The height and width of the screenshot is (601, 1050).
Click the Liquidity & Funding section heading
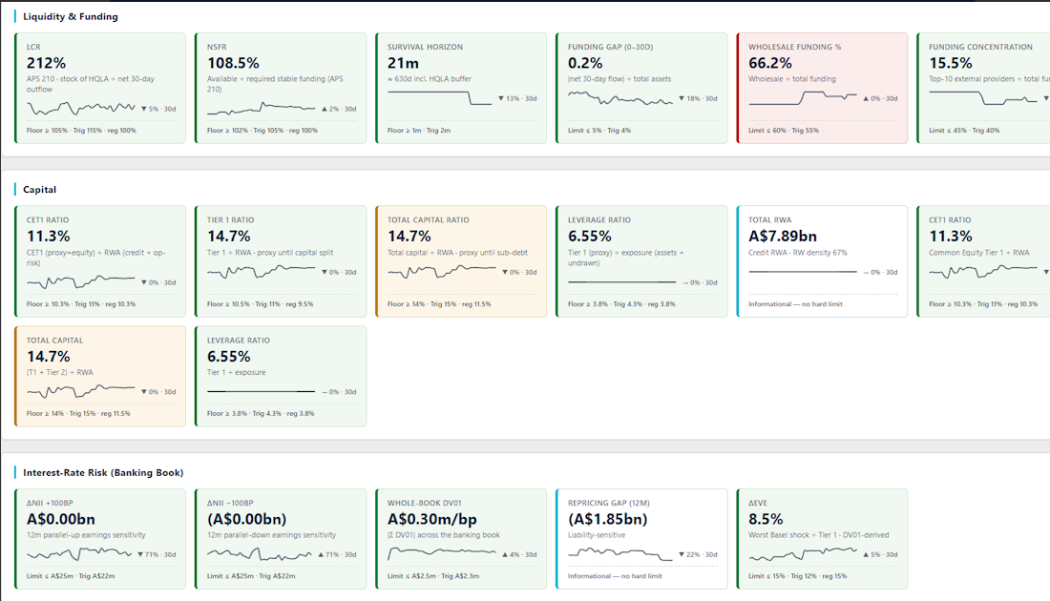tap(71, 17)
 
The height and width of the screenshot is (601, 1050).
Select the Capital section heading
tap(39, 190)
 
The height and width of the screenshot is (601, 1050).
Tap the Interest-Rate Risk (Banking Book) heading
tap(103, 472)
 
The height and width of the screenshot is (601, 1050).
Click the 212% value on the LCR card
tap(46, 63)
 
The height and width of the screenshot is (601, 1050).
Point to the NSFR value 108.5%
tap(233, 63)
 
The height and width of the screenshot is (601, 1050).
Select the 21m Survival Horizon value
tap(403, 63)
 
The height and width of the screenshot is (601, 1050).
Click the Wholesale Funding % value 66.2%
tap(770, 63)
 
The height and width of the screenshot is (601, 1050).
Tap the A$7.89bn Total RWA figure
tap(783, 237)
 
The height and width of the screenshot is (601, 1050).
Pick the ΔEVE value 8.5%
tap(766, 519)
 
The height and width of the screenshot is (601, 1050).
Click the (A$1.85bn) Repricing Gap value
tap(607, 519)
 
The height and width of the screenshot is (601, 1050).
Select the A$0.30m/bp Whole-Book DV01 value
tap(431, 519)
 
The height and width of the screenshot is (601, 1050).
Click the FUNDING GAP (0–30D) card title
tap(610, 47)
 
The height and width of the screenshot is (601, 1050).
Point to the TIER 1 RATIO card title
tap(230, 219)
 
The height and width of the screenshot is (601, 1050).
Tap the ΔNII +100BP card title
tap(50, 503)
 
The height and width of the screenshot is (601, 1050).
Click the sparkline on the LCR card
tap(81, 108)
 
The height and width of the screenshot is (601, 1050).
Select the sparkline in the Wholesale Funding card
tap(802, 98)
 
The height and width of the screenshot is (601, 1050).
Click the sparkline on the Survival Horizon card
tap(439, 97)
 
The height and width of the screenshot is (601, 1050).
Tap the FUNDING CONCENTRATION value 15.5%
tap(951, 63)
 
